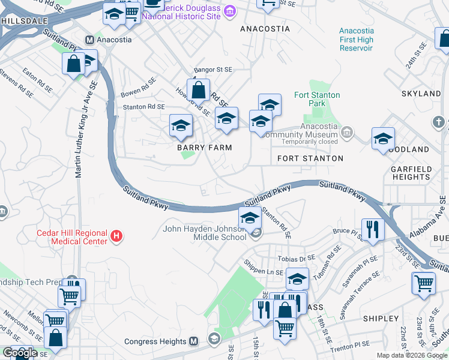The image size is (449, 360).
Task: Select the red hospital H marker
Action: point(117,238)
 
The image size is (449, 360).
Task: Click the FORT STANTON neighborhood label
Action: point(310,158)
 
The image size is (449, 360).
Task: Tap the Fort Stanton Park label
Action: point(317,99)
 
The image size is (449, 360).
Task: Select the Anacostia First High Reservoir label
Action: point(356,40)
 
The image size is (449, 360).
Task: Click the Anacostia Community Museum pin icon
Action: point(347,131)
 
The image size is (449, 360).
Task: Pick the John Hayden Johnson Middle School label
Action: point(204,232)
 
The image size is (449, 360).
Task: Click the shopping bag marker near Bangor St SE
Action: point(198,91)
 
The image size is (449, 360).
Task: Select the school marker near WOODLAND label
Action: point(383,139)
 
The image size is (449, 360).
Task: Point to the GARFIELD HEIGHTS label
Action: point(411,173)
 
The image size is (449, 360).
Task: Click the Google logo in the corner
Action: point(19,353)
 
